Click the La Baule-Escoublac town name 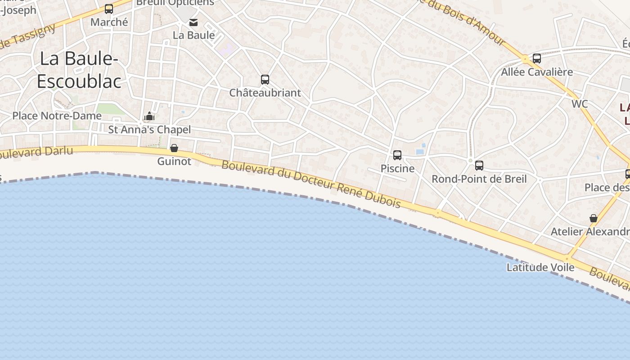point(79,70)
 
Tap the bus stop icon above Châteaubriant point(265,80)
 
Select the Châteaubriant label point(265,93)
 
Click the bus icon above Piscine point(397,155)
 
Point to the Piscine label point(397,168)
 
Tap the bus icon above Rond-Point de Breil point(479,166)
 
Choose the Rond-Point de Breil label point(479,179)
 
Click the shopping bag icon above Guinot point(174,148)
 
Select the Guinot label point(174,161)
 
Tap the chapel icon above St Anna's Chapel point(149,117)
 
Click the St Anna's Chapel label point(149,130)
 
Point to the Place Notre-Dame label point(57,116)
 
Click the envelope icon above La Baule point(193,22)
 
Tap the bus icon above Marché point(109,9)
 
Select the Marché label point(109,22)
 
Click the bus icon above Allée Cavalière point(537,58)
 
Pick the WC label point(580,104)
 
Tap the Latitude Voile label point(540,267)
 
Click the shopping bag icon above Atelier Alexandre point(594,218)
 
